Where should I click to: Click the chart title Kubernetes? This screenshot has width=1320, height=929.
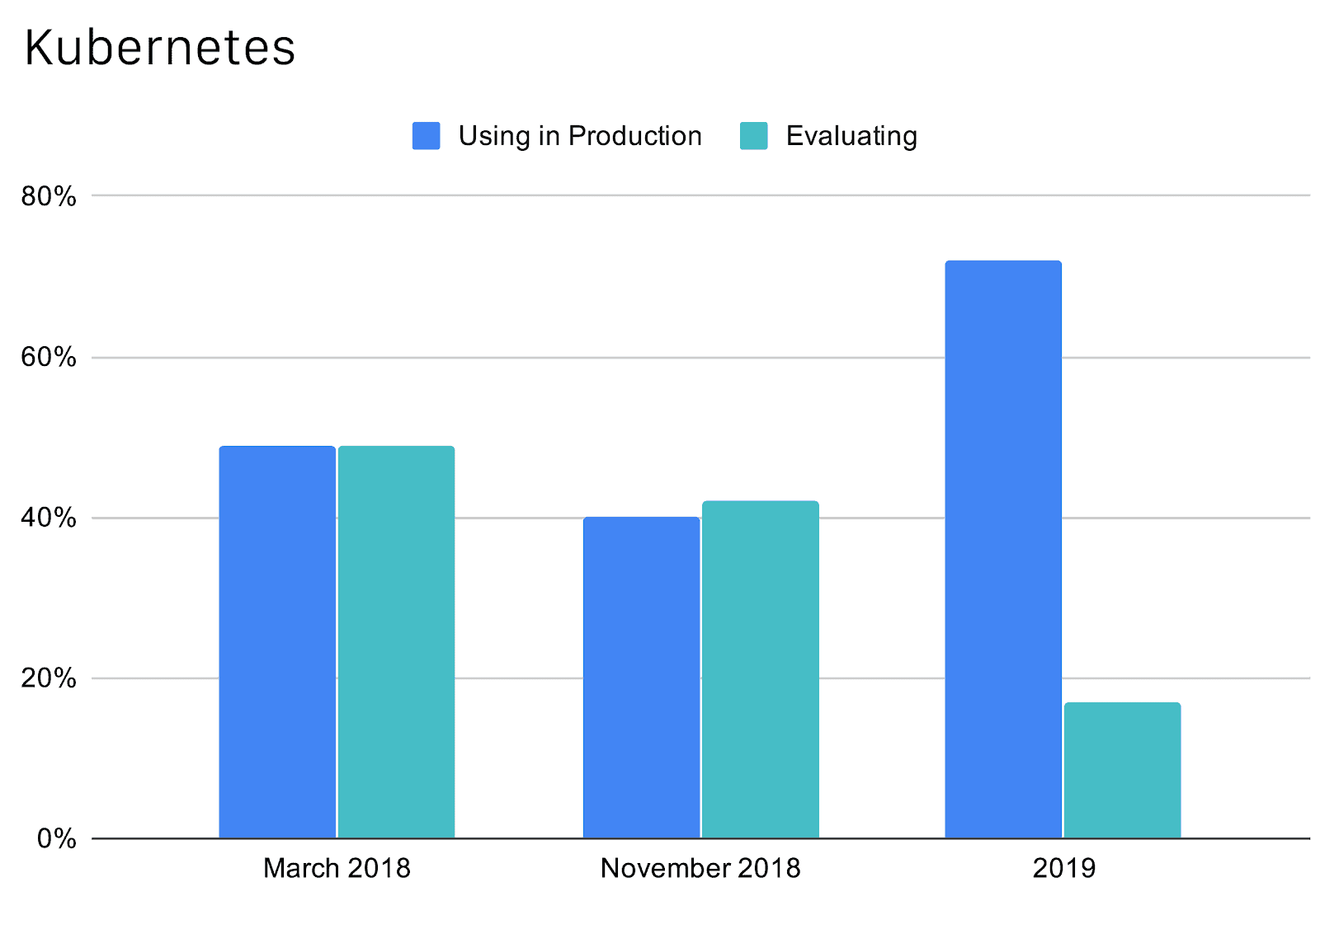160,48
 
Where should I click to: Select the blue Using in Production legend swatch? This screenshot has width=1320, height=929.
426,136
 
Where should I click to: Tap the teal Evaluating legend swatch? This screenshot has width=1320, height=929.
753,136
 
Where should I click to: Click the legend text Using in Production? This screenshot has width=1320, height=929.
579,136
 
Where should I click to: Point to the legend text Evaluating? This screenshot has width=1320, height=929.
851,136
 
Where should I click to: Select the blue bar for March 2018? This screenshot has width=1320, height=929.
277,643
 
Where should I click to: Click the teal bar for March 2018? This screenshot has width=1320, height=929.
396,643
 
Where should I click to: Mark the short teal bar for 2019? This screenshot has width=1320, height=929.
1122,771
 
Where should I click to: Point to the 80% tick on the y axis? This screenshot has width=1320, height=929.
49,196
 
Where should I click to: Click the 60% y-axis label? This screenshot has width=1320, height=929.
49,358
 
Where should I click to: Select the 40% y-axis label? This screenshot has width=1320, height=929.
49,518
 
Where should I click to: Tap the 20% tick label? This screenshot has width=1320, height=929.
49,678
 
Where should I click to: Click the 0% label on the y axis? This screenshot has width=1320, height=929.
56,839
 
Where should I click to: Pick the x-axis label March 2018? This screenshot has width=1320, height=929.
337,868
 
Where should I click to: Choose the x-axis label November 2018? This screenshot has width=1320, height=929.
700,868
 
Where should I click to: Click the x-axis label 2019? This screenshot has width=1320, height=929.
1063,868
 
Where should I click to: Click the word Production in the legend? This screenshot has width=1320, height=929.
634,136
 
